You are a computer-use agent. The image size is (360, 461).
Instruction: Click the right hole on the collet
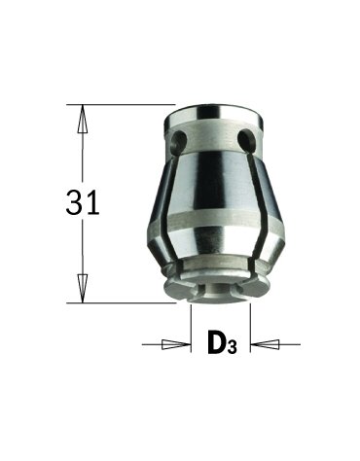[x=247, y=138]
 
